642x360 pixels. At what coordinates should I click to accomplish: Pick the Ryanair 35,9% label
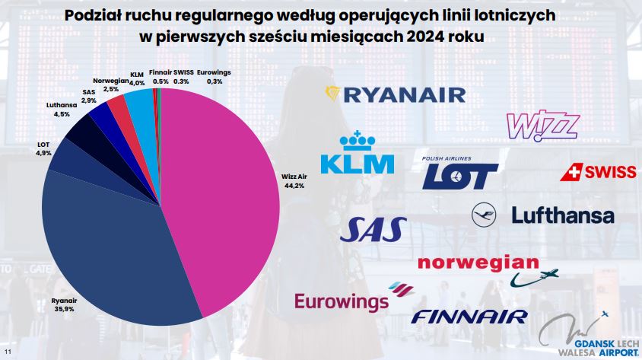pyautogui.click(x=65, y=305)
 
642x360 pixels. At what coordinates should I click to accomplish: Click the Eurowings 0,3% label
pyautogui.click(x=215, y=76)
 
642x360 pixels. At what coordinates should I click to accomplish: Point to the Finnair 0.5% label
pyautogui.click(x=160, y=76)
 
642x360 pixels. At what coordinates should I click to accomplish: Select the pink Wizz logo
pyautogui.click(x=542, y=125)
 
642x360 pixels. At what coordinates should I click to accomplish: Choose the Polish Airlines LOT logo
pyautogui.click(x=459, y=173)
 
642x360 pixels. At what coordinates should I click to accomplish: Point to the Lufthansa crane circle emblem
pyautogui.click(x=485, y=215)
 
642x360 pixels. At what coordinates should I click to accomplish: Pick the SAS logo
pyautogui.click(x=377, y=229)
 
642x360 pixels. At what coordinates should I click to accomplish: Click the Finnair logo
pyautogui.click(x=469, y=316)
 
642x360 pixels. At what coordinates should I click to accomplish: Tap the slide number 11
pyautogui.click(x=8, y=351)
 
